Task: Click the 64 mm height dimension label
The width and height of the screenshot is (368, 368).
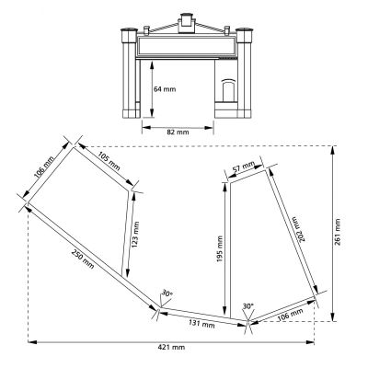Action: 165,89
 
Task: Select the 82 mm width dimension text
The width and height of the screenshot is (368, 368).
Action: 178,132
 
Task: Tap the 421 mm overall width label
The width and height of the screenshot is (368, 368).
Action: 171,347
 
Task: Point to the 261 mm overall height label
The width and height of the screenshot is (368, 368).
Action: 338,232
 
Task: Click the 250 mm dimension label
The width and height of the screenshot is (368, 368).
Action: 83,259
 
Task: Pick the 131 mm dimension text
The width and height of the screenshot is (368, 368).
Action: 201,324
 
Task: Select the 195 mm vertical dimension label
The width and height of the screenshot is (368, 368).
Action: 220,249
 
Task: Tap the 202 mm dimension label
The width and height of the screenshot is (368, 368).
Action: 298,229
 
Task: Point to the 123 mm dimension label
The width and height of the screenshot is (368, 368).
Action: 136,235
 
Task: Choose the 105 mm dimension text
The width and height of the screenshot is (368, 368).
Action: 109,161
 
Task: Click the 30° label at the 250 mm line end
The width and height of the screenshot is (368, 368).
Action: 167,293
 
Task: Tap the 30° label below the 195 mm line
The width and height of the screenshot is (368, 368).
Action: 248,306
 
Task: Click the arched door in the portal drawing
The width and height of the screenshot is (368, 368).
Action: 228,90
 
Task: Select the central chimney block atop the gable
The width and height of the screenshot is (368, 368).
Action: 186,23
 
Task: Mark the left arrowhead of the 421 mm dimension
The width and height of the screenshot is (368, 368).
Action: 32,342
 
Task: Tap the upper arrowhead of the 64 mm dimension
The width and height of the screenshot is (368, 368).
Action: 152,65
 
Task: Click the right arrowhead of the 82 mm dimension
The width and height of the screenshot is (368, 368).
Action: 209,128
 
